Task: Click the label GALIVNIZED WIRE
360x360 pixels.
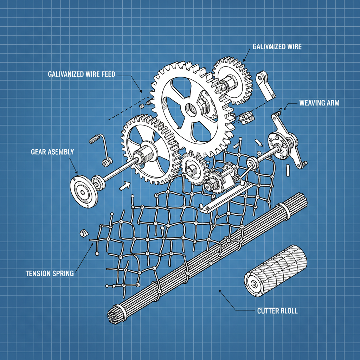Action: (277, 47)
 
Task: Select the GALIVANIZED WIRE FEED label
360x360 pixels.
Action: (82, 74)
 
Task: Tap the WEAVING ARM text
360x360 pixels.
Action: (319, 103)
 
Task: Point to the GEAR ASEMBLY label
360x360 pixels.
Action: (52, 152)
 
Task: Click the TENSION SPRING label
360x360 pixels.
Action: (50, 274)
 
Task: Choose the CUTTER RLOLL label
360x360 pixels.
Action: (277, 311)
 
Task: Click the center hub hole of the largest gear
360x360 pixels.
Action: (191, 109)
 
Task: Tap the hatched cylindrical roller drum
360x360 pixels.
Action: (276, 271)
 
